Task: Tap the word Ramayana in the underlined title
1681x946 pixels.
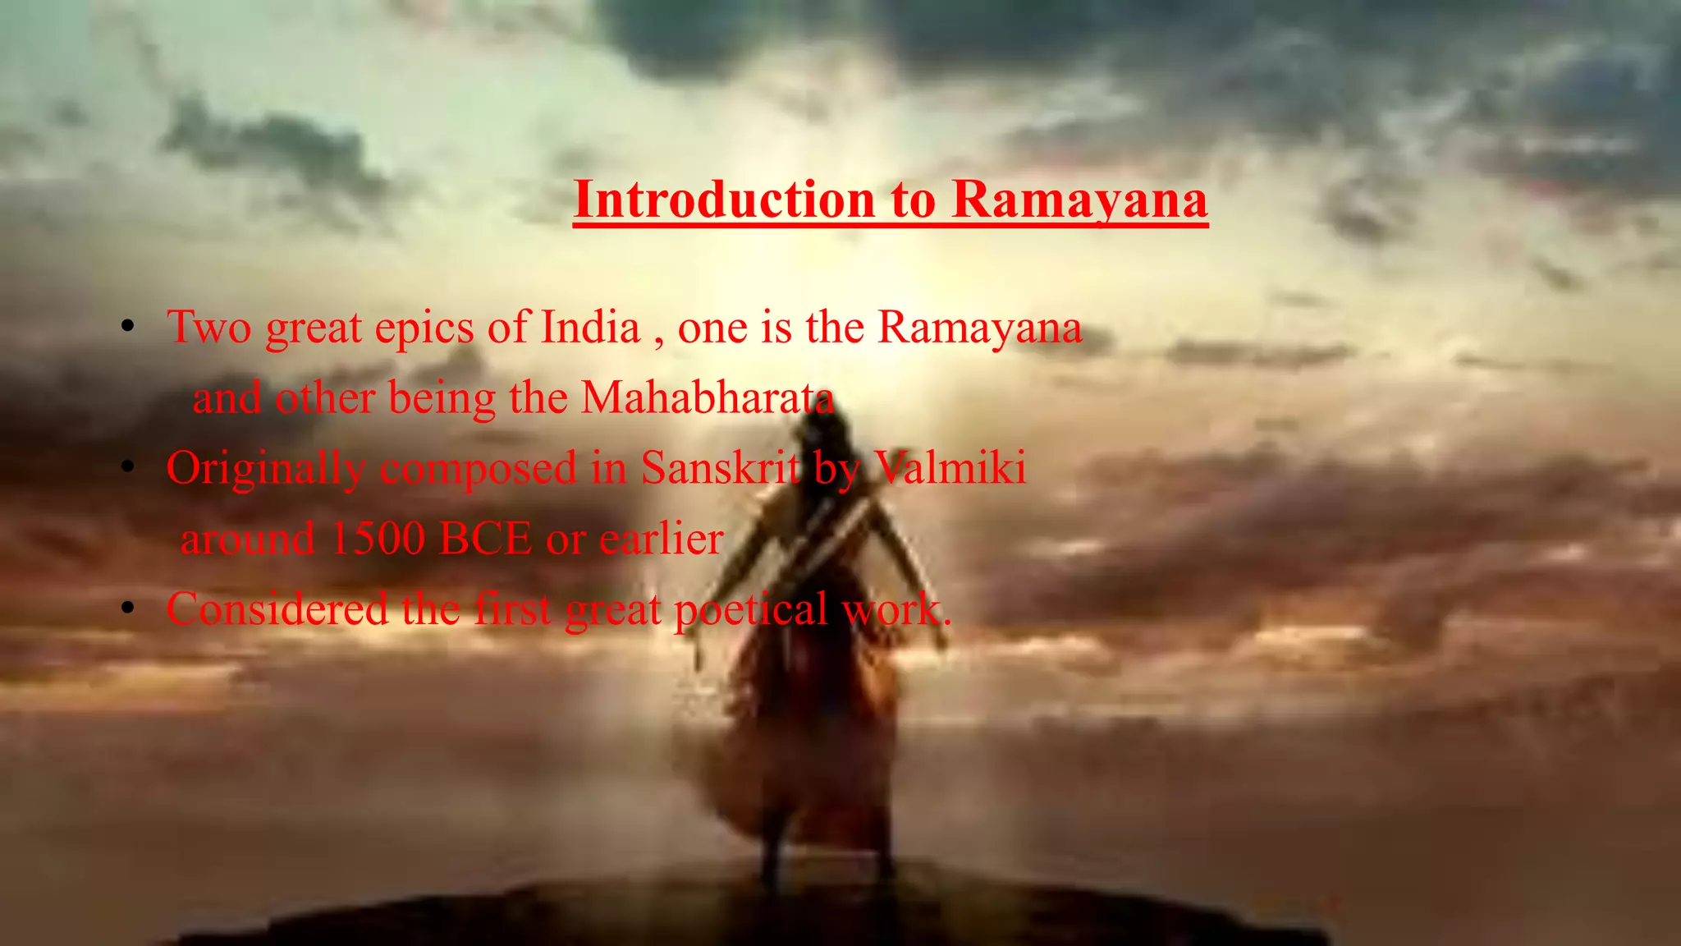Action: click(1079, 200)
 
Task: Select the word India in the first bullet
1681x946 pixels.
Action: click(590, 328)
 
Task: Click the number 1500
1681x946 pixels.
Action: click(377, 540)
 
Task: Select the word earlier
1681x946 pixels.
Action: click(661, 540)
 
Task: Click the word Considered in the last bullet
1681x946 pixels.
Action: click(277, 610)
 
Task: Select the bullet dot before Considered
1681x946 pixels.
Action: click(127, 609)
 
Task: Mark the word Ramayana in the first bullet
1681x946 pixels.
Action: click(980, 328)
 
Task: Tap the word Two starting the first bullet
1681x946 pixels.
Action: click(209, 328)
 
